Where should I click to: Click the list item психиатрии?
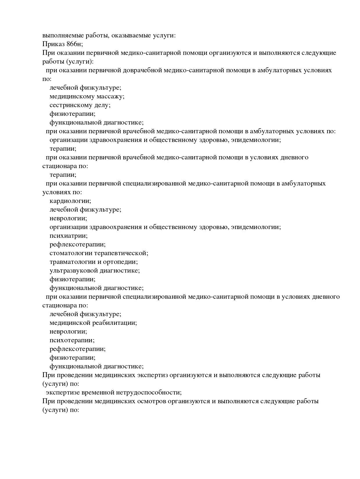69,236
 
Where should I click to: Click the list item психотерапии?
72,340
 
